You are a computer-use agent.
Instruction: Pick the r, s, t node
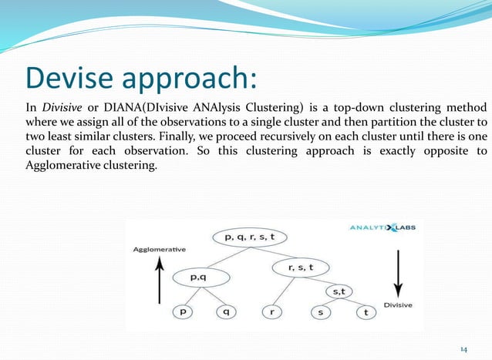(x=300, y=267)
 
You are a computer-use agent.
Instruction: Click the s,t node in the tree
(x=340, y=291)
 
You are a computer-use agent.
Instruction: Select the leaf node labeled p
(x=184, y=312)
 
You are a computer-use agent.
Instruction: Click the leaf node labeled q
(x=227, y=312)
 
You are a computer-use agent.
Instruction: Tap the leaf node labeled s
(x=320, y=312)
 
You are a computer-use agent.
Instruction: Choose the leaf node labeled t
(x=365, y=312)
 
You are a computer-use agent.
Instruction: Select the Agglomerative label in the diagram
(x=159, y=250)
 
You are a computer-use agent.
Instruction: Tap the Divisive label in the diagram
(x=398, y=305)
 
